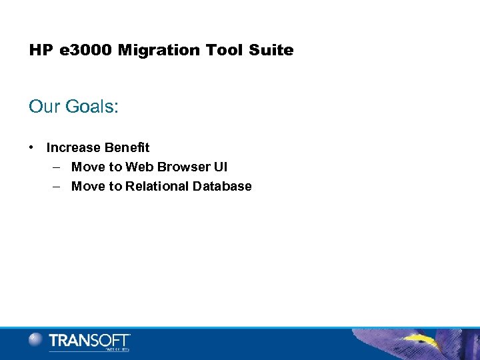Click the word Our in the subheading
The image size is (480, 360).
[x=45, y=107]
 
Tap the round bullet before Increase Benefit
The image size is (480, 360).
[x=33, y=147]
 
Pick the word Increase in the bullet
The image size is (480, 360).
[x=73, y=147]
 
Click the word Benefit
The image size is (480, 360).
[x=126, y=147]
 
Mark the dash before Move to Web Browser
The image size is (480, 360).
[x=58, y=167]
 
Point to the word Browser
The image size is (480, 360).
[x=183, y=167]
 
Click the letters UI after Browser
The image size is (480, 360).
[x=220, y=167]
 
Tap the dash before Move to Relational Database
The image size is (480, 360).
[x=58, y=186]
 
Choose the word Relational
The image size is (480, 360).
[x=157, y=186]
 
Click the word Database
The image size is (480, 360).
[x=223, y=186]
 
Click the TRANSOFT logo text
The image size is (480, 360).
[x=89, y=341]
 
